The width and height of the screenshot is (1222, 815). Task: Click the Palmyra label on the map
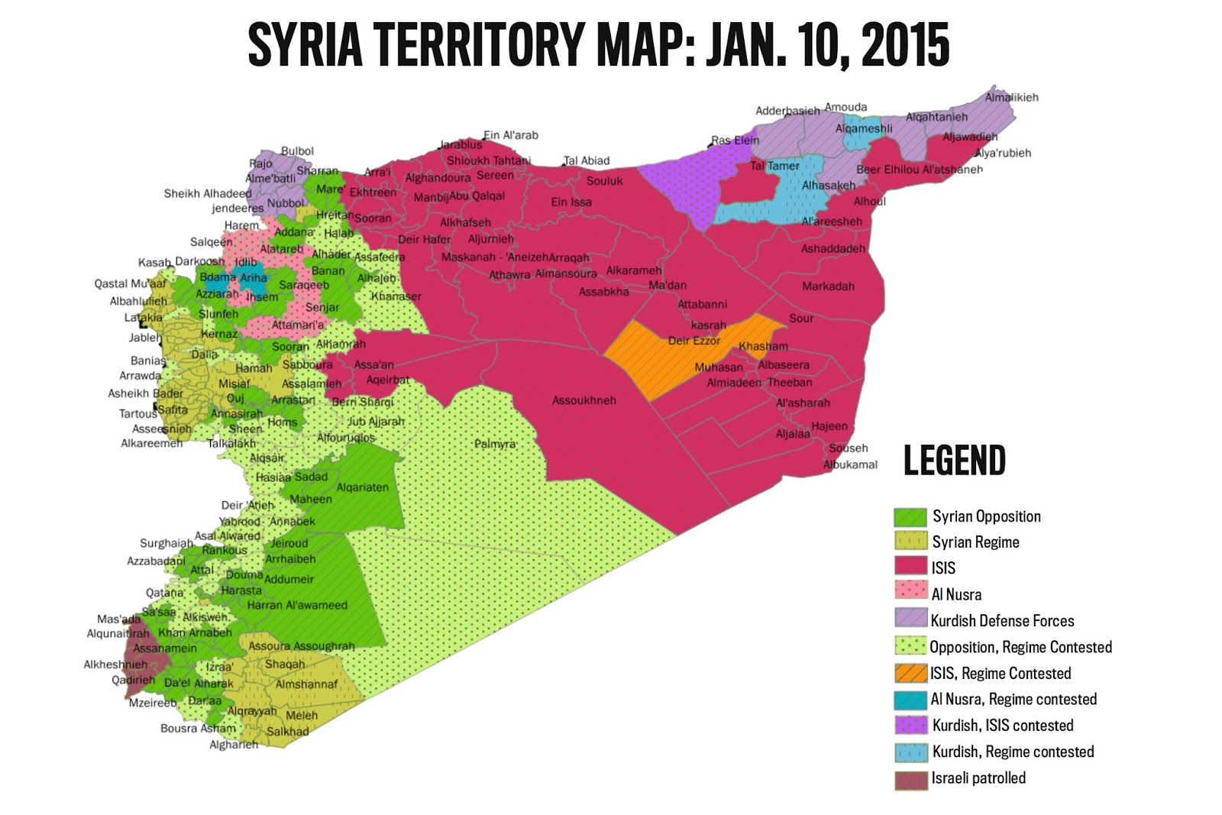pyautogui.click(x=495, y=444)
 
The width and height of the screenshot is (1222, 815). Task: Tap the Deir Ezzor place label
pyautogui.click(x=693, y=341)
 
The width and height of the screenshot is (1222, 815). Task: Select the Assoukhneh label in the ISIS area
pyautogui.click(x=584, y=400)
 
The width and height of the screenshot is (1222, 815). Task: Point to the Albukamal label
pyautogui.click(x=850, y=464)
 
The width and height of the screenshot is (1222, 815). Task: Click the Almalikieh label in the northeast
pyautogui.click(x=1011, y=97)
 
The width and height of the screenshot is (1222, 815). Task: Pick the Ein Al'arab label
pyautogui.click(x=510, y=135)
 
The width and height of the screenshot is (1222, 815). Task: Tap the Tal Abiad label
pyautogui.click(x=587, y=160)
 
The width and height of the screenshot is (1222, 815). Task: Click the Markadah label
pyautogui.click(x=828, y=286)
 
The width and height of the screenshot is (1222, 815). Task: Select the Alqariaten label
pyautogui.click(x=362, y=487)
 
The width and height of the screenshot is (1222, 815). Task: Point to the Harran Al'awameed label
pyautogui.click(x=296, y=605)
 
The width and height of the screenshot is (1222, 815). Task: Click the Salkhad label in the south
pyautogui.click(x=287, y=731)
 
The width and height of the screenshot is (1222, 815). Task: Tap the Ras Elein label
pyautogui.click(x=735, y=140)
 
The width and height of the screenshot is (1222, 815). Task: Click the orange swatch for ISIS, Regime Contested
pyautogui.click(x=910, y=673)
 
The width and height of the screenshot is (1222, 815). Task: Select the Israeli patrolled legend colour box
pyautogui.click(x=910, y=780)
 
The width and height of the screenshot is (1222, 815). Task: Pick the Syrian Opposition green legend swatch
pyautogui.click(x=910, y=517)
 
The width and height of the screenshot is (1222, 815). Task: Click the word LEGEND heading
pyautogui.click(x=954, y=461)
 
